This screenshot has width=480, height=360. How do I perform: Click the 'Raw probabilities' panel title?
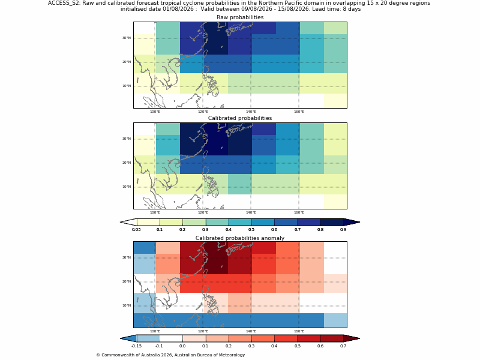[240, 17]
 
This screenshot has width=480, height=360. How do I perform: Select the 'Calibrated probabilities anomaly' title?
[240, 238]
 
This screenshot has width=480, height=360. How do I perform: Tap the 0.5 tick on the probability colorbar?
[251, 230]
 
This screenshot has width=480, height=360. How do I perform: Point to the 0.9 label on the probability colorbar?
[343, 230]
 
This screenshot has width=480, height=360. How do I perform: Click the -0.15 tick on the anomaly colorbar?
[136, 346]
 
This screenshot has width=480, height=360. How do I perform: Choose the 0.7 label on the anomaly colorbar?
[343, 346]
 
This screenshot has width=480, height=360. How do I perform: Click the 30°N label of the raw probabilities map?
[127, 38]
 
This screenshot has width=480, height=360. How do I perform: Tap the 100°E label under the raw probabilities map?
[155, 112]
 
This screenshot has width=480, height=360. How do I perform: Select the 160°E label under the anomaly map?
[299, 331]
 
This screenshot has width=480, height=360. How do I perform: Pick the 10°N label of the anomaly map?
[127, 305]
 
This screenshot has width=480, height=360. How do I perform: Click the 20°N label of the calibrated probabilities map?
[127, 163]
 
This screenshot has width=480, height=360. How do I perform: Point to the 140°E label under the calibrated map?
[251, 212]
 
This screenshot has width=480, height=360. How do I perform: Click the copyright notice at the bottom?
[170, 355]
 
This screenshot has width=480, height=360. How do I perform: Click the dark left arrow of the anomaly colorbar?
[128, 338]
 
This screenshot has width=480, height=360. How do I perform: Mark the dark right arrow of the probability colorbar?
[352, 222]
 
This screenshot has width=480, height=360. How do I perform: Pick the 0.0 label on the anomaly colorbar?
[182, 346]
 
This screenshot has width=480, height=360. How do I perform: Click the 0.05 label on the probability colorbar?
[136, 230]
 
